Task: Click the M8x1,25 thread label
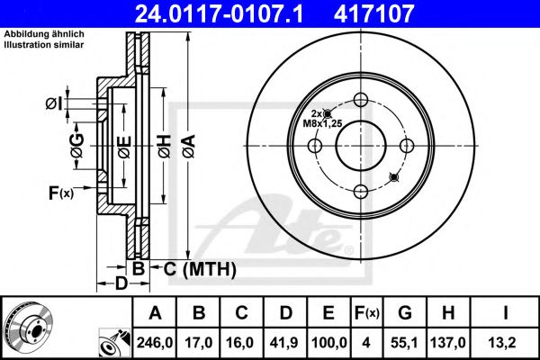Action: coord(321,125)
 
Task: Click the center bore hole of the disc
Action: coord(360,144)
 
